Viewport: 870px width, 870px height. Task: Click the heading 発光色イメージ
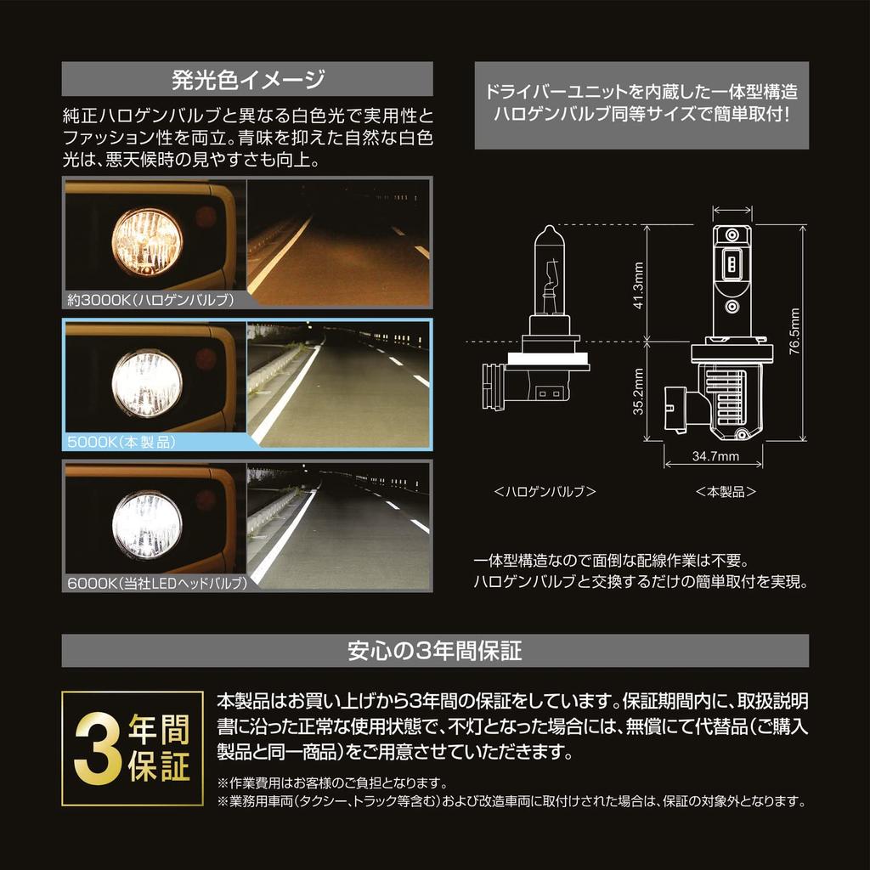pyautogui.click(x=248, y=81)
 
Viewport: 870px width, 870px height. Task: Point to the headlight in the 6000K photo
pyautogui.click(x=147, y=523)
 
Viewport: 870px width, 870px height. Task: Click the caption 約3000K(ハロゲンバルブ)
pyautogui.click(x=148, y=299)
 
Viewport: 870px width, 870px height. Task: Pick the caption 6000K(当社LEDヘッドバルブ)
pyautogui.click(x=156, y=584)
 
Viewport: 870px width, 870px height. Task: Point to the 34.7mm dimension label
pyautogui.click(x=715, y=455)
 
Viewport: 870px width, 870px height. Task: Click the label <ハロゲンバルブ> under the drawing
pyautogui.click(x=545, y=491)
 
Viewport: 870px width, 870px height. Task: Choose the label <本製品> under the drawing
pyautogui.click(x=726, y=491)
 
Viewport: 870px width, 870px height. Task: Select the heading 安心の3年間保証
pyautogui.click(x=434, y=652)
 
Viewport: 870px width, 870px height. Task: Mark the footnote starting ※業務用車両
pyautogui.click(x=511, y=801)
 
